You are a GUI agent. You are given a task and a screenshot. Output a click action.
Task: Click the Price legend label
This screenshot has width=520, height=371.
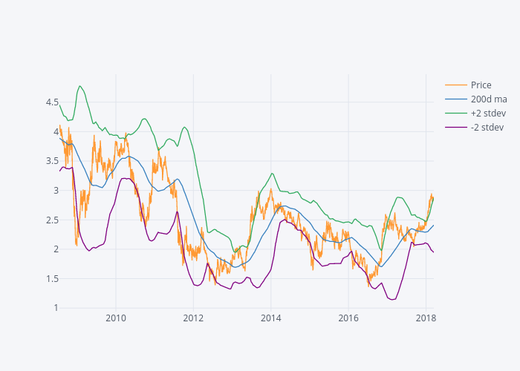481,85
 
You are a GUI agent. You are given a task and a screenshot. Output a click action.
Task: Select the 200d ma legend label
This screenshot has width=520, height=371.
488,99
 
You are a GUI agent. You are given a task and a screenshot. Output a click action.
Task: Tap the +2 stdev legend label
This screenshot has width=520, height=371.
488,113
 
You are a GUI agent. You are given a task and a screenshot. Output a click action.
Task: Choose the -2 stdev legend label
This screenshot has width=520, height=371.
487,127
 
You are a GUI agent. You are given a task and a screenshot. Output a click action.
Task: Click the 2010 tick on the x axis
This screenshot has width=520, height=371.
116,318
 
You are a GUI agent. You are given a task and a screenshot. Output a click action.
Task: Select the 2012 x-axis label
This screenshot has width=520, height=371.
193,318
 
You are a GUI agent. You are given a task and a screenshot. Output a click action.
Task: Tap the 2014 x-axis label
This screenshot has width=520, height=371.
270,318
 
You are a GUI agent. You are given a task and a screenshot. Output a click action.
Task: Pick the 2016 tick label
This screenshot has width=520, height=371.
348,318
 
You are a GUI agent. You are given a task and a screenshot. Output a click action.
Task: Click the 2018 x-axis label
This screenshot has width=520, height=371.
426,318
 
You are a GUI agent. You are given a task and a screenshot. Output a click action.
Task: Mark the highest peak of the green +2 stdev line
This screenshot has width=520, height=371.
79,86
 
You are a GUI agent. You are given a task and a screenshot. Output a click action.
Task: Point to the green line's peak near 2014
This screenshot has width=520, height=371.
272,174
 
